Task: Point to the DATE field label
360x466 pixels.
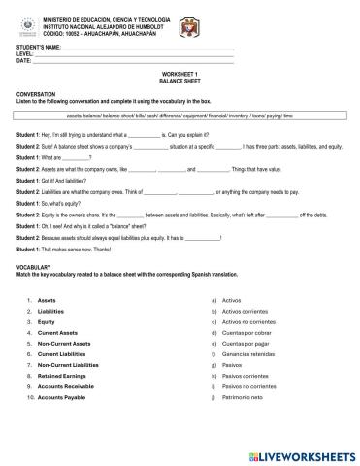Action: pyautogui.click(x=23, y=60)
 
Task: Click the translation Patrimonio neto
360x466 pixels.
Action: pyautogui.click(x=247, y=398)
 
